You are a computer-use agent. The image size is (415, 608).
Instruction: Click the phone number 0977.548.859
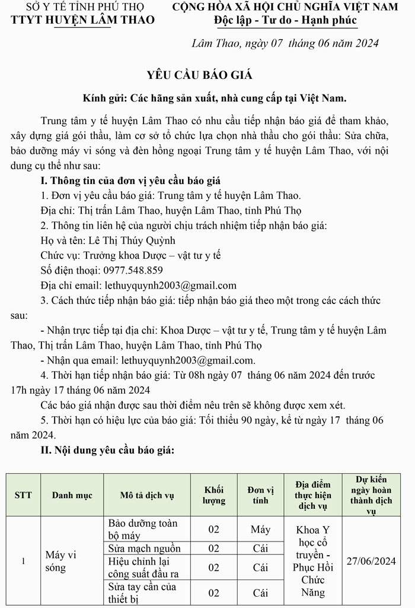125,270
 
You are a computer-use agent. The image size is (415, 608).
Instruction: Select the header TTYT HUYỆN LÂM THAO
83,20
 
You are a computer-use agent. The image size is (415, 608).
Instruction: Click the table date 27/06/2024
371,561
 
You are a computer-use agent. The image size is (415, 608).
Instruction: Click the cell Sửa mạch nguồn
145,548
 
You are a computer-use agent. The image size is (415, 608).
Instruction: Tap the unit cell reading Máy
260,529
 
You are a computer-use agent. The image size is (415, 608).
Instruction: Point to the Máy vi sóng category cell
61,561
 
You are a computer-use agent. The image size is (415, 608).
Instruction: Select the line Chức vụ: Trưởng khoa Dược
130,255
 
